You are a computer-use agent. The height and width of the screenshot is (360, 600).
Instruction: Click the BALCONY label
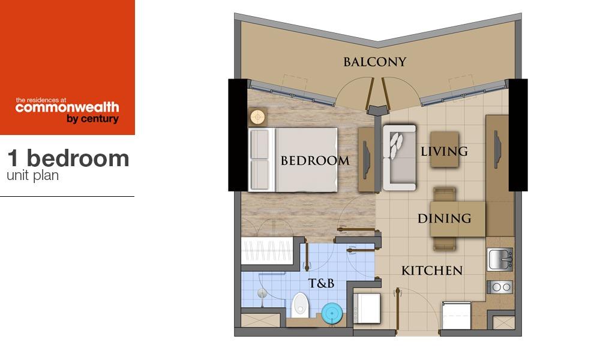(x=374, y=62)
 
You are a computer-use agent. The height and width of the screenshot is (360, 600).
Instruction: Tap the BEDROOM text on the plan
(x=315, y=160)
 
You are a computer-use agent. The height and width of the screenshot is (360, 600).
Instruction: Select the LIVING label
(x=444, y=151)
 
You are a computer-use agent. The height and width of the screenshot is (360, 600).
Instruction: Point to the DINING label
(x=444, y=218)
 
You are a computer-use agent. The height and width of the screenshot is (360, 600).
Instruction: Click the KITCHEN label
(x=432, y=271)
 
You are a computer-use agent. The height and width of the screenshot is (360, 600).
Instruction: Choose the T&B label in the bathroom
(x=321, y=283)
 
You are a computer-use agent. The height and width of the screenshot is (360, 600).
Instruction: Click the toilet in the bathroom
(x=299, y=305)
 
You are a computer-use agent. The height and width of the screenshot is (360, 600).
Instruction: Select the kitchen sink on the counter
(x=499, y=259)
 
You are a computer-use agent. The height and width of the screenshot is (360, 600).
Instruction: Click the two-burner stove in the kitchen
(x=500, y=287)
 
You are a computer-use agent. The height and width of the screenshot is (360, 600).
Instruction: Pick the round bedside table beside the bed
(x=258, y=116)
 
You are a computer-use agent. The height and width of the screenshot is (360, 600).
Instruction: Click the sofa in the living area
(x=399, y=158)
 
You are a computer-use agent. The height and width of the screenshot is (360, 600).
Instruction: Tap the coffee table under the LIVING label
(x=445, y=149)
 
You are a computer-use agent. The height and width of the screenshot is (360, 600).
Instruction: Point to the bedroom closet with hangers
(x=267, y=251)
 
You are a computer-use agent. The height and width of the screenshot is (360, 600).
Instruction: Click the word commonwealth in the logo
(x=67, y=107)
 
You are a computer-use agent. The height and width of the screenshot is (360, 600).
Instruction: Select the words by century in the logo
(x=92, y=119)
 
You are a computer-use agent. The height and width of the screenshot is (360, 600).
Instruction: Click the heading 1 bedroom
(x=68, y=158)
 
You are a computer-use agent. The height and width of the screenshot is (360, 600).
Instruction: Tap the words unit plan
(x=33, y=176)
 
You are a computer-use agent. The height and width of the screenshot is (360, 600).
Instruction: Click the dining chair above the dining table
(x=444, y=194)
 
